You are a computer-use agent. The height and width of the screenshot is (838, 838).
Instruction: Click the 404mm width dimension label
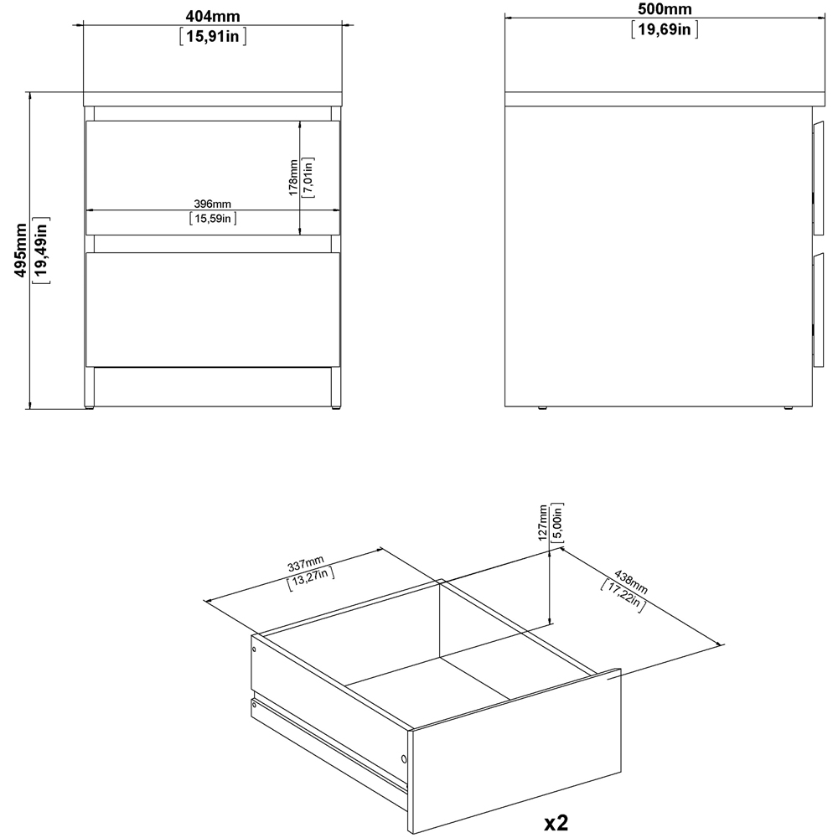tap(213, 16)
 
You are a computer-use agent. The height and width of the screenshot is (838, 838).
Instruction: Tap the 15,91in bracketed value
tap(213, 36)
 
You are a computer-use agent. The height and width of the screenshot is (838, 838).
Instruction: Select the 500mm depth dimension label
tap(665, 8)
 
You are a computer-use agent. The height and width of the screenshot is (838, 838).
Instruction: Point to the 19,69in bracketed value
tap(665, 28)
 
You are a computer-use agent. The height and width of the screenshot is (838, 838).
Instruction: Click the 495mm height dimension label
tap(20, 250)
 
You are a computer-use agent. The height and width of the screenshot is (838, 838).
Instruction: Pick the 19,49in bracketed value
tap(41, 250)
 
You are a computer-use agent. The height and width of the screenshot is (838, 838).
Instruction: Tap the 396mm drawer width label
tap(212, 204)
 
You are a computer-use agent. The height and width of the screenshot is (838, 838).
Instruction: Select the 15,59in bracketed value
tap(213, 218)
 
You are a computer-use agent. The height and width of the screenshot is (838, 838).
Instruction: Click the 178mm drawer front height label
tap(292, 178)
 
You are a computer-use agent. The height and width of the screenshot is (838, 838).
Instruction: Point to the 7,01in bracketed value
tap(308, 178)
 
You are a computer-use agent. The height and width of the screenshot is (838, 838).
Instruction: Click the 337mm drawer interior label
tap(306, 563)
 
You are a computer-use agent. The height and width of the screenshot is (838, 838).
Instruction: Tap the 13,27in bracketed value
tap(311, 578)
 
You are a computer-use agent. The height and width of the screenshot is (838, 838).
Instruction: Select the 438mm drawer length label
tap(631, 582)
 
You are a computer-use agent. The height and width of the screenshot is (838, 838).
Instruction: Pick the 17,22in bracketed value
tap(623, 595)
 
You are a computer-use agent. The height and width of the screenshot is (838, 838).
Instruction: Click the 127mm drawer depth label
tap(543, 522)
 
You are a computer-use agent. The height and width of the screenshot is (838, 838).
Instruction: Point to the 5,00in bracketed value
tap(557, 522)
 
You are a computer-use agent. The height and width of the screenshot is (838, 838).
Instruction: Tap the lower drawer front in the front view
tap(213, 309)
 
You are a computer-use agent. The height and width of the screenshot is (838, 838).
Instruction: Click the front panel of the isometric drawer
tap(515, 750)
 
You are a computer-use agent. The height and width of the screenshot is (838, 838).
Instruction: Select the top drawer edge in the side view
tap(818, 179)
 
